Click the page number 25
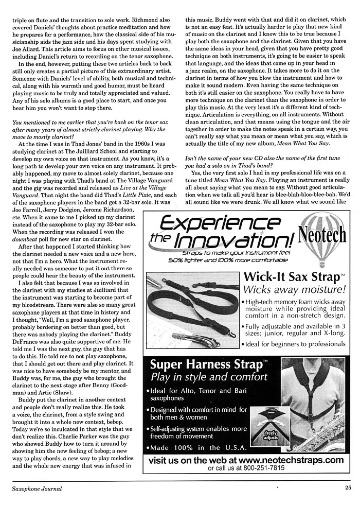[x=348, y=489]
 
